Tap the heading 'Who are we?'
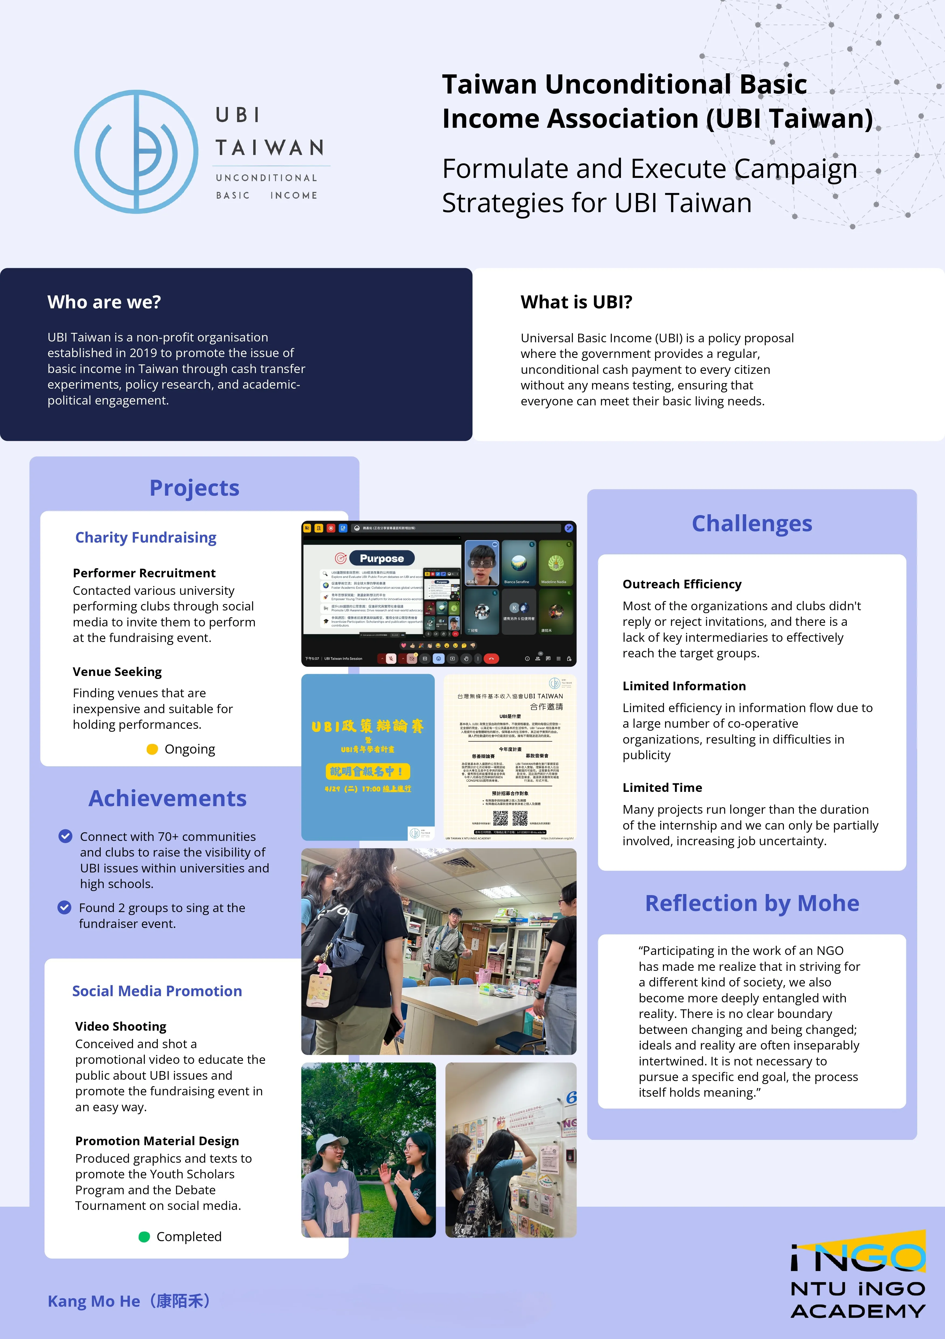tap(104, 302)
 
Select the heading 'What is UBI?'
tap(576, 302)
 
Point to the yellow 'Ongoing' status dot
tap(152, 749)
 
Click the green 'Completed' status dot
tap(144, 1237)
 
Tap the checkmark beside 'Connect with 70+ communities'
tap(65, 836)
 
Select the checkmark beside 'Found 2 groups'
tap(64, 907)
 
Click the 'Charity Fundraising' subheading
tap(146, 537)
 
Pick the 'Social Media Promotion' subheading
tap(157, 991)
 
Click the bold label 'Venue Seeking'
tap(117, 672)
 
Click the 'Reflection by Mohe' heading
tap(752, 903)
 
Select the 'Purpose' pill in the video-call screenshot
tap(382, 558)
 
